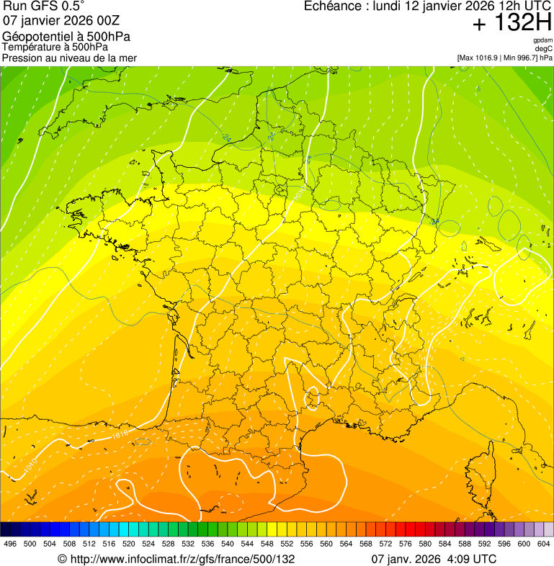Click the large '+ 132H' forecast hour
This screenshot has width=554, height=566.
511,23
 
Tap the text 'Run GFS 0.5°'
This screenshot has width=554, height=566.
44,7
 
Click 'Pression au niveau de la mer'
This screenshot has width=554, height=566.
69,58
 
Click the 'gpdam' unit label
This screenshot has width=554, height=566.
542,40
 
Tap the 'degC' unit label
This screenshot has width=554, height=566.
544,48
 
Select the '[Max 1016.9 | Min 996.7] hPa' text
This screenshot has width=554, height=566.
504,58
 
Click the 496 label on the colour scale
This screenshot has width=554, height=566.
10,544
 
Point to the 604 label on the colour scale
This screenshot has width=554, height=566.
544,544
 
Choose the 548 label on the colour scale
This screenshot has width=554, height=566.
267,544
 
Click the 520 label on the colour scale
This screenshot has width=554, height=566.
128,544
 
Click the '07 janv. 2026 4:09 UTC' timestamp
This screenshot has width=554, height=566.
434,559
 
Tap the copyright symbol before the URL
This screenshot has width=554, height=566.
62,559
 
